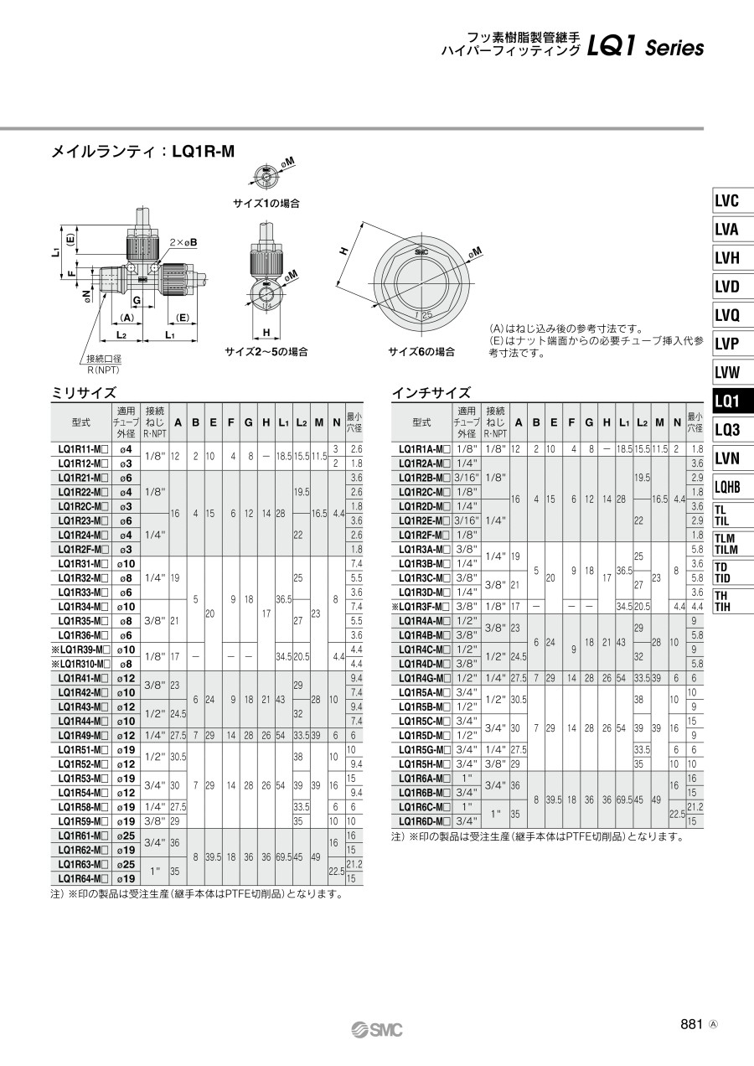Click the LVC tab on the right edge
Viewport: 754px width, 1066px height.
coord(726,201)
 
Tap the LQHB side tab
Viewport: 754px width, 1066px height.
coord(727,487)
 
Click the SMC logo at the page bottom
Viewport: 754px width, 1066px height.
coord(377,1030)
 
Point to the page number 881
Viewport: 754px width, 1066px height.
coord(692,1024)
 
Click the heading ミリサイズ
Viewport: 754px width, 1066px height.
coord(84,393)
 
